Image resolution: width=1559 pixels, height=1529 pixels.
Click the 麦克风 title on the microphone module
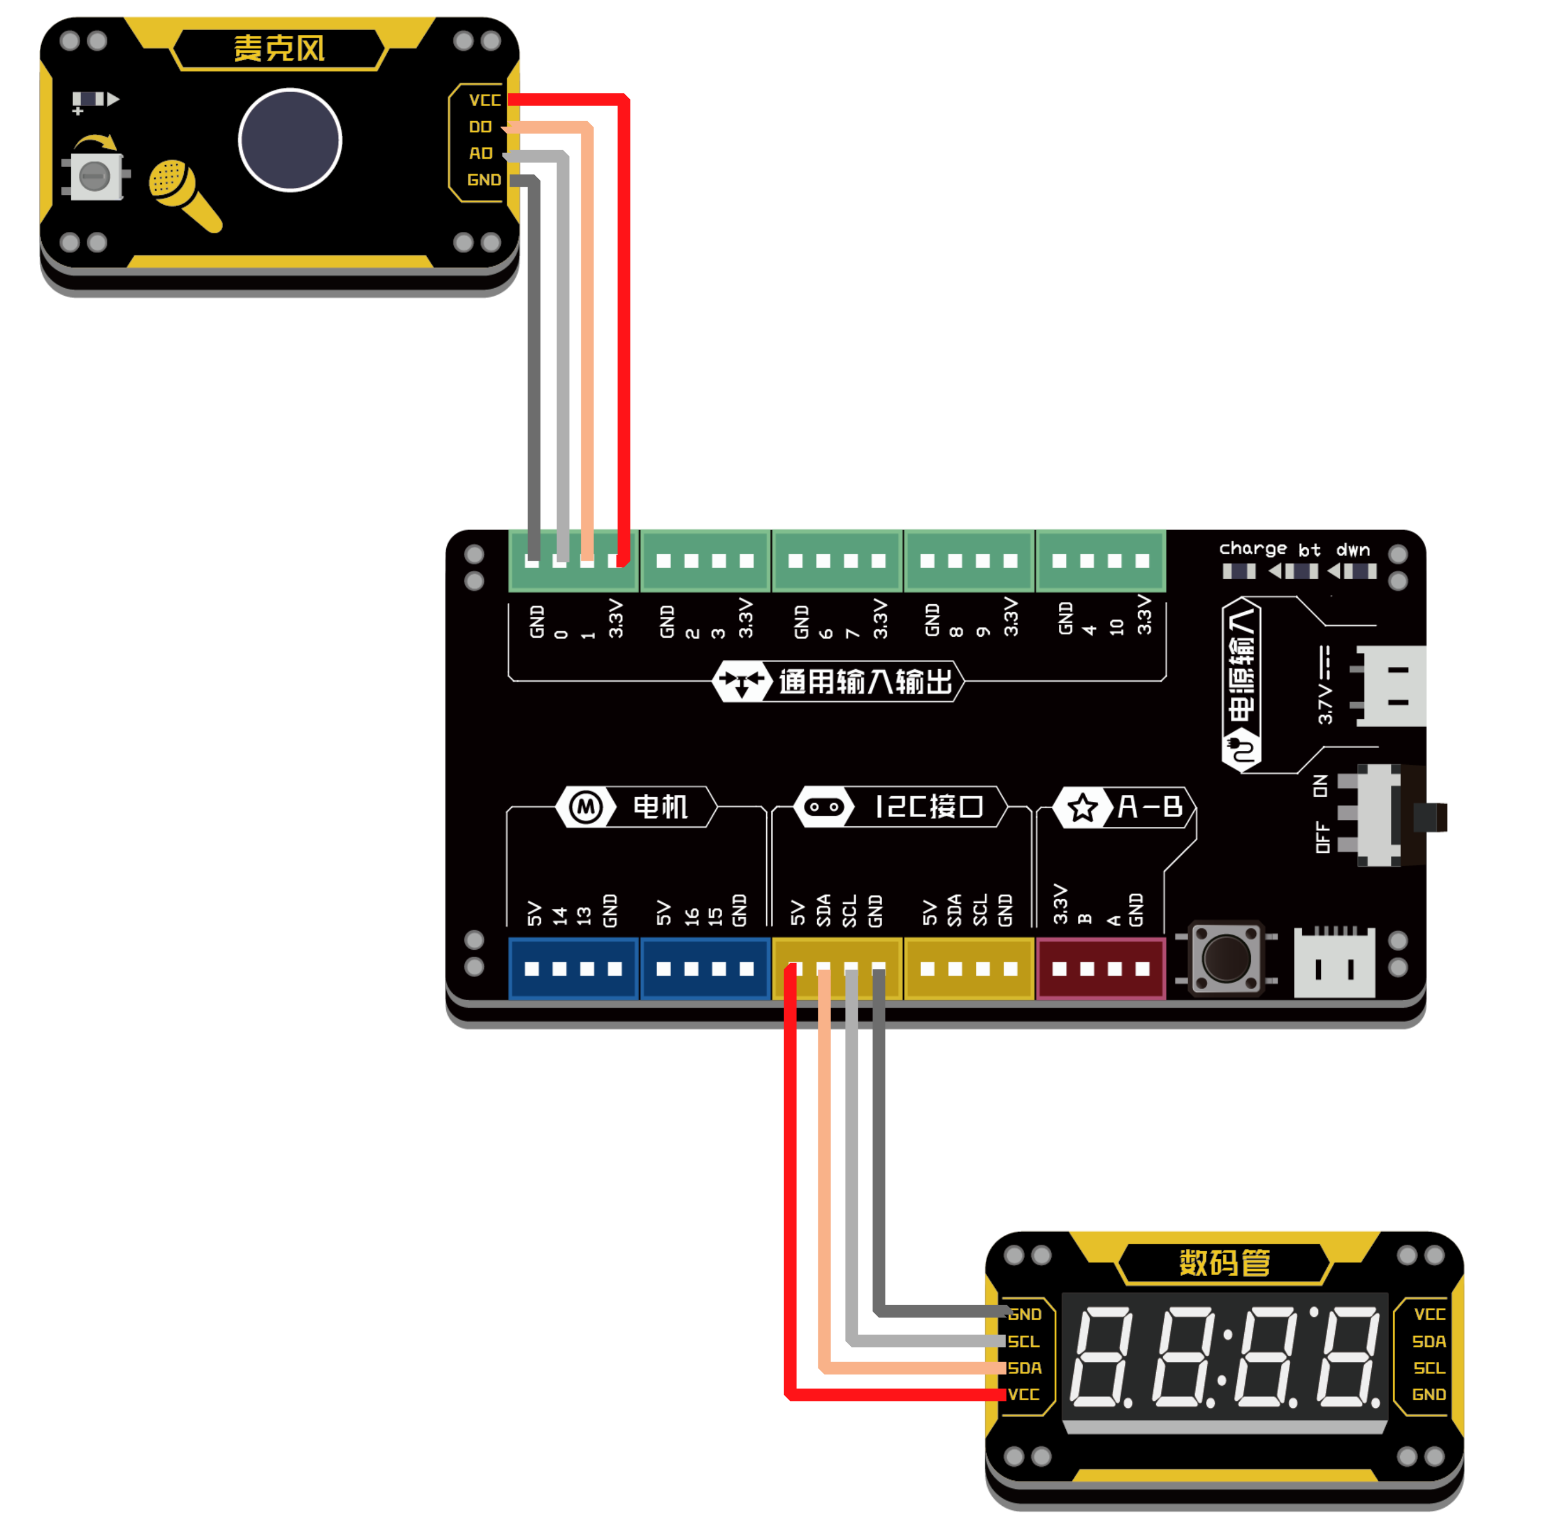[279, 49]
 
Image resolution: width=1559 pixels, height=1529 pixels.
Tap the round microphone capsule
[290, 140]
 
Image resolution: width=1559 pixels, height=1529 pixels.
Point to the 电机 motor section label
[660, 807]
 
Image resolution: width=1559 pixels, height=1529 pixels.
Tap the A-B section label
[1150, 807]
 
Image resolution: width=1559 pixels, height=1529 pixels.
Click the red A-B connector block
[1101, 968]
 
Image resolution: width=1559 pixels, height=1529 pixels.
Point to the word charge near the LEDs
[1252, 549]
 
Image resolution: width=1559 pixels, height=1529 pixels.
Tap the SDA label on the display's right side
[1429, 1342]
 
